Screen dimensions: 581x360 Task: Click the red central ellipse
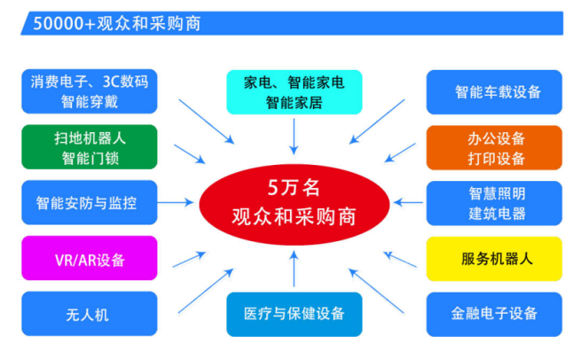294,204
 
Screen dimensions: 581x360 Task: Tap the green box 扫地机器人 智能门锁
90,147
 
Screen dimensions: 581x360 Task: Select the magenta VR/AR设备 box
90,258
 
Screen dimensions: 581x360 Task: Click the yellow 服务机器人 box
494,259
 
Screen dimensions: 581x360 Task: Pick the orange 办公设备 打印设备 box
494,148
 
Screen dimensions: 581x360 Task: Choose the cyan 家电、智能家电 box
294,92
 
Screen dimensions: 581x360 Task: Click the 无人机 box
90,314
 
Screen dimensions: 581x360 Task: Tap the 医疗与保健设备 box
294,315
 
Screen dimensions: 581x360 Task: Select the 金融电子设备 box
494,315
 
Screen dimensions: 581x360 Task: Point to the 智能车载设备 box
494,92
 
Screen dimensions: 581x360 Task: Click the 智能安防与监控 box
90,202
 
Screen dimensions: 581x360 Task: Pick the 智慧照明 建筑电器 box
494,203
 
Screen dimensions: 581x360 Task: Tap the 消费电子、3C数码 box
90,91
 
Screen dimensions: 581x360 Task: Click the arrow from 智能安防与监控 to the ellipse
176,202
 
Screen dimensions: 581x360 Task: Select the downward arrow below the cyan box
294,137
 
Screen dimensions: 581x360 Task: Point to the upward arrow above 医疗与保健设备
294,269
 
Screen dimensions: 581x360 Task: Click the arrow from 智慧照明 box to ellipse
408,202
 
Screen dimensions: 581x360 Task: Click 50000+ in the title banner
65,24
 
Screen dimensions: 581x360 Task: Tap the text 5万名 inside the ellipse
294,188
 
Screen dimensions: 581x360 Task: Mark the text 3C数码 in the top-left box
125,82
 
